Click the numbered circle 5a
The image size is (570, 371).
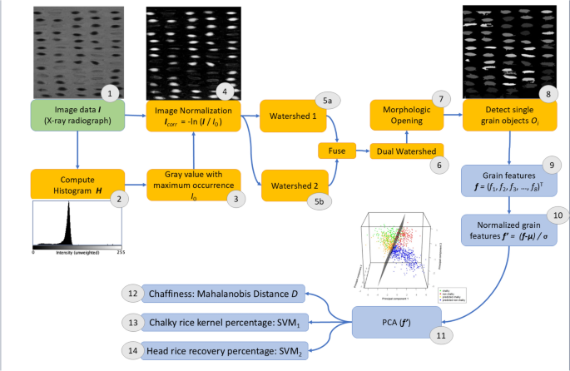click(328, 101)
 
